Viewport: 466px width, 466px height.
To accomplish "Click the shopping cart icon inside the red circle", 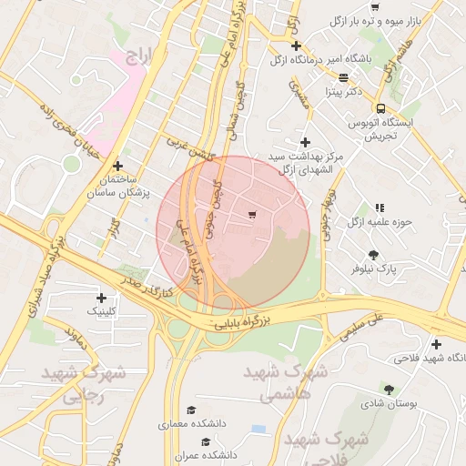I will [252, 215].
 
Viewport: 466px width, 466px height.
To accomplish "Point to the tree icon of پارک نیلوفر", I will [373, 255].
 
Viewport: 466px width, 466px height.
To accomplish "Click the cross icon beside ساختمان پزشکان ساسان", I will [118, 166].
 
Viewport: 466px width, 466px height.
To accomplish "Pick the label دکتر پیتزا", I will [343, 92].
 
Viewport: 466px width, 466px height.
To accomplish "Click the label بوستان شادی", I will [389, 403].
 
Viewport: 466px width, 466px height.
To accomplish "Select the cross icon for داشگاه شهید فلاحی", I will [437, 344].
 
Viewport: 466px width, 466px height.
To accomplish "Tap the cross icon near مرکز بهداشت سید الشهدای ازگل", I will [305, 142].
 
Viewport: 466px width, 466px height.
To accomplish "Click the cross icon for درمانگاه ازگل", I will [296, 46].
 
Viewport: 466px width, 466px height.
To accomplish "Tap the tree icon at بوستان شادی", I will [389, 389].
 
